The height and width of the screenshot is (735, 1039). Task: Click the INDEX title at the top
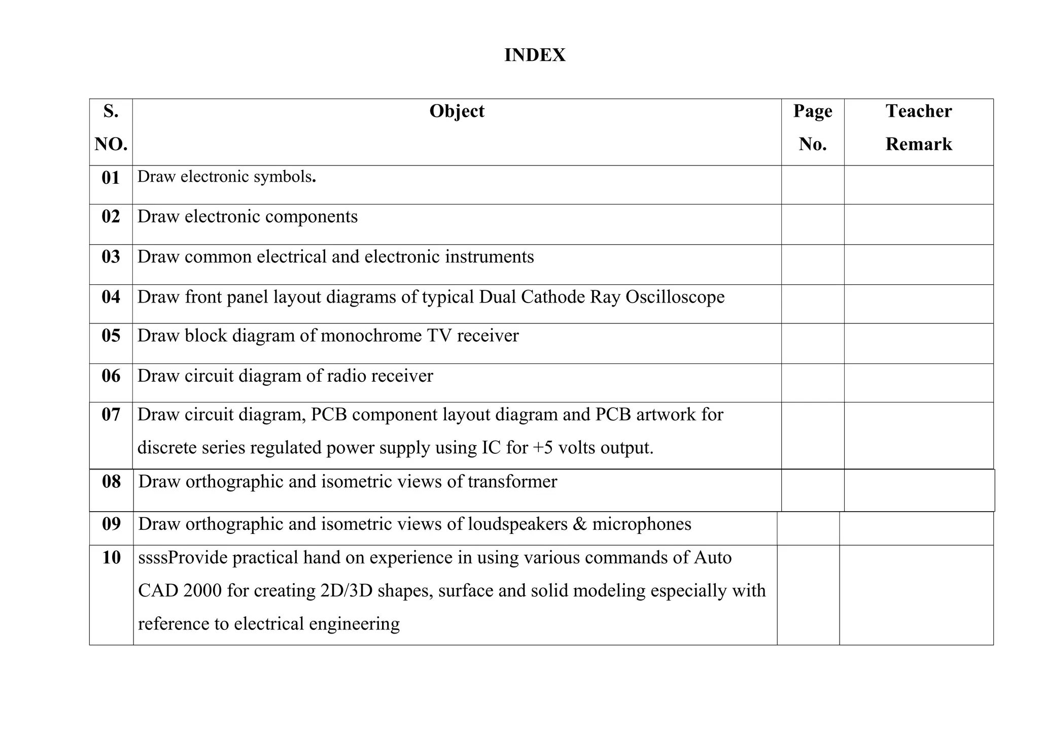click(535, 55)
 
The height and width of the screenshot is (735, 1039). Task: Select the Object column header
click(457, 111)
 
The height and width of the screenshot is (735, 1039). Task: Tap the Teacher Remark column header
click(918, 127)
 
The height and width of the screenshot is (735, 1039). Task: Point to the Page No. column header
click(812, 127)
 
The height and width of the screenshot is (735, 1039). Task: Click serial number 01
click(111, 178)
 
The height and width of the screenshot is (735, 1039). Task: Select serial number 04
click(111, 297)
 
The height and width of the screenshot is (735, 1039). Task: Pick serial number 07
click(111, 415)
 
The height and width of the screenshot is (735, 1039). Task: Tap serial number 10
click(111, 558)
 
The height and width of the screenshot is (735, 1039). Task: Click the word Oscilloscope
click(675, 297)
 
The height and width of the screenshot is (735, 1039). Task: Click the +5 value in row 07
click(543, 448)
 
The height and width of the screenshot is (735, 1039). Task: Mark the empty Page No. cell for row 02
click(812, 224)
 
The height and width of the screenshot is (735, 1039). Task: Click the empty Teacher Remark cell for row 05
click(918, 343)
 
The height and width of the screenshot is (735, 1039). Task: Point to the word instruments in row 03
click(489, 257)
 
